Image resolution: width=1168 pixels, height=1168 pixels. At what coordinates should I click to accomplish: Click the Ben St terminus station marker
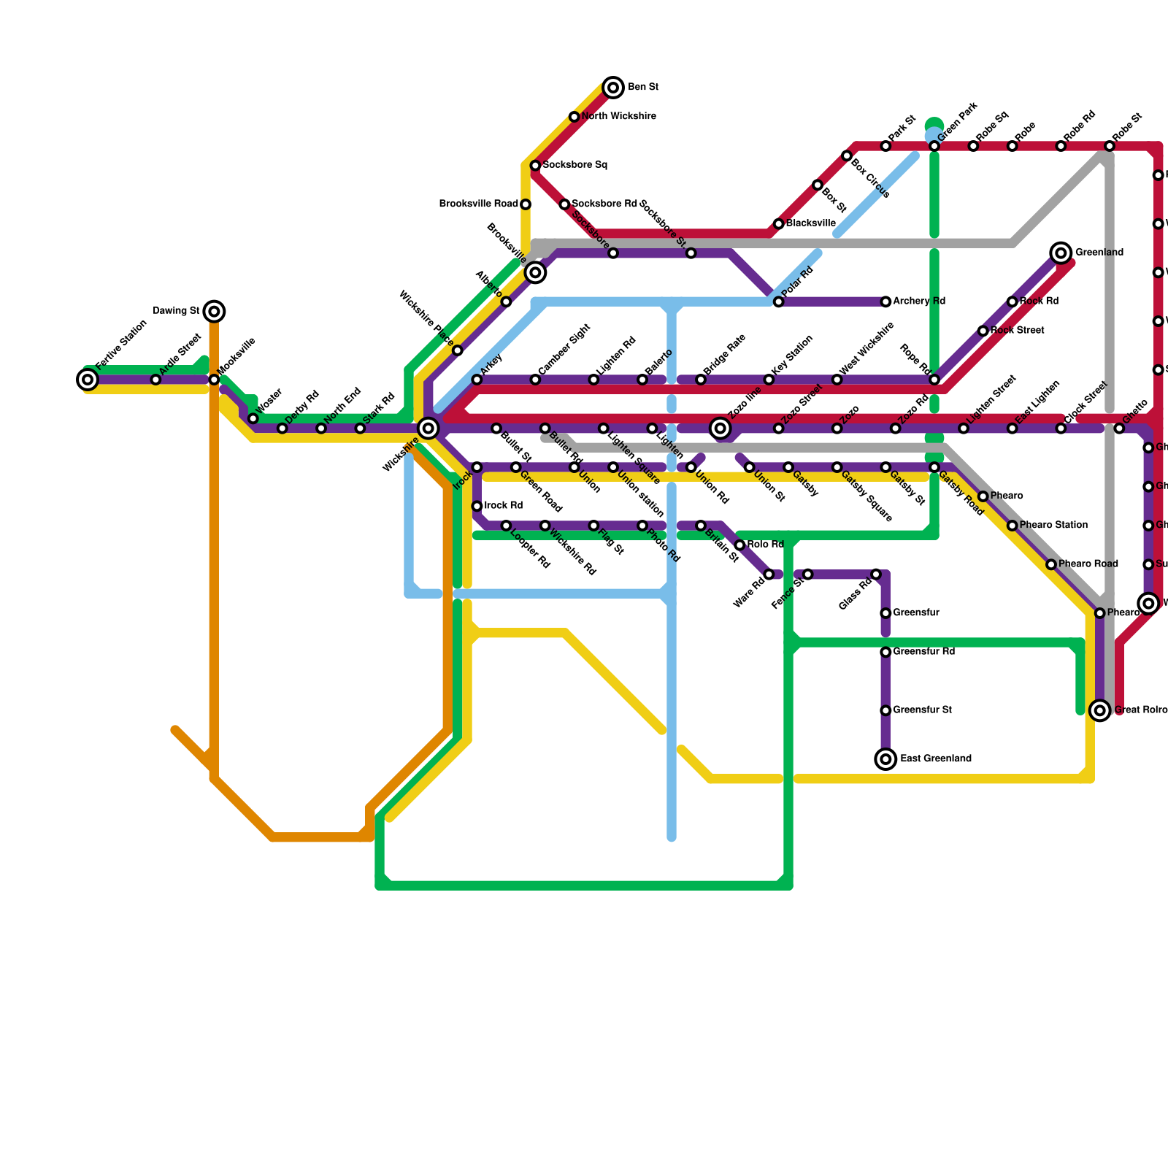[613, 88]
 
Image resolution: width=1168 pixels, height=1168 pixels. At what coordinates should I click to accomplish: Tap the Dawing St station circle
[214, 312]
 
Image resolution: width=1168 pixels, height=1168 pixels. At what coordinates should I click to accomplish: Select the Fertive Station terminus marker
[88, 380]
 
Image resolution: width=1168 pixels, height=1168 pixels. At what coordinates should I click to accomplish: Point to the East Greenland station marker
[885, 759]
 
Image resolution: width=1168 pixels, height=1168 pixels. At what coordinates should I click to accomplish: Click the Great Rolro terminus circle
[1100, 710]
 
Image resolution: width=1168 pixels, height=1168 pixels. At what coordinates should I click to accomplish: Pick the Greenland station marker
[1061, 253]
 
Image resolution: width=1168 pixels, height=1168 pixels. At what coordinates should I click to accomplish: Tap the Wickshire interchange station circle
[429, 429]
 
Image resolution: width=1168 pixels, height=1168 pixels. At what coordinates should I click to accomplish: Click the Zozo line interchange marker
[721, 429]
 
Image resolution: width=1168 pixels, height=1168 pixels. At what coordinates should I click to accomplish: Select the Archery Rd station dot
[885, 301]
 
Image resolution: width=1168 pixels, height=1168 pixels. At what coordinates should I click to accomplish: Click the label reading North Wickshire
[618, 117]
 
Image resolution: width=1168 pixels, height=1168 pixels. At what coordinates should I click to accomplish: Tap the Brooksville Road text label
[478, 204]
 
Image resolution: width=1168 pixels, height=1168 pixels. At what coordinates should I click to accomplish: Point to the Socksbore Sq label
[575, 166]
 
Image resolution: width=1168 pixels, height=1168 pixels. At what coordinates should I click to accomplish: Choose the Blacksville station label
[810, 223]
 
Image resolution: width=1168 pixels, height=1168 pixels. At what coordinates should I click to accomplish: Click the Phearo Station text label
[1053, 526]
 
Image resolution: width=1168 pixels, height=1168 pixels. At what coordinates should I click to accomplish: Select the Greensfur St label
[922, 710]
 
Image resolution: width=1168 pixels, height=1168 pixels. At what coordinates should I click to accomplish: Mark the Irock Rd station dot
[477, 506]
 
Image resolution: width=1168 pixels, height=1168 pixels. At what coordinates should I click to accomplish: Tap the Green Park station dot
[934, 147]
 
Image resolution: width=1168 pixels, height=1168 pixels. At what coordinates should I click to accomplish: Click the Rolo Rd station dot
[739, 545]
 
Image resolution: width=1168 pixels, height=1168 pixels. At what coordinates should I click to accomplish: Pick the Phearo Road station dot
[1051, 564]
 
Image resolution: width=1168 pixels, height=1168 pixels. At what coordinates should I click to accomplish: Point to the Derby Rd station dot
[283, 429]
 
